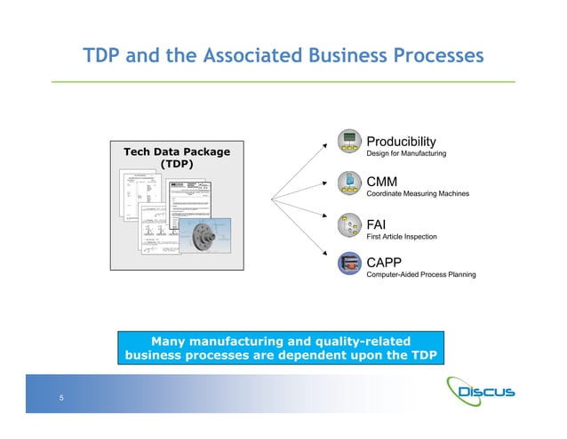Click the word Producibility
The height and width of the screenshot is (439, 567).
click(401, 142)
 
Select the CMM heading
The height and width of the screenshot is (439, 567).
click(382, 182)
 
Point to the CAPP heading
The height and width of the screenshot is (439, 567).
click(385, 262)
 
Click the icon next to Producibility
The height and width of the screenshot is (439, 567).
click(348, 142)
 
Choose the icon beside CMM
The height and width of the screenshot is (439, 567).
click(348, 183)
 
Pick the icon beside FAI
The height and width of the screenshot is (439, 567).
click(348, 224)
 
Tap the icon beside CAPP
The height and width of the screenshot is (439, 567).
click(348, 264)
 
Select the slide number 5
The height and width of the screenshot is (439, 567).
click(61, 398)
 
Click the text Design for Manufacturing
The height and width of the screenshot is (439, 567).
click(406, 155)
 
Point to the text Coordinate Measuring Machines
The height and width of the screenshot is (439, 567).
click(418, 195)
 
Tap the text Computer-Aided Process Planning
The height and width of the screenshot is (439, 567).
click(421, 275)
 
